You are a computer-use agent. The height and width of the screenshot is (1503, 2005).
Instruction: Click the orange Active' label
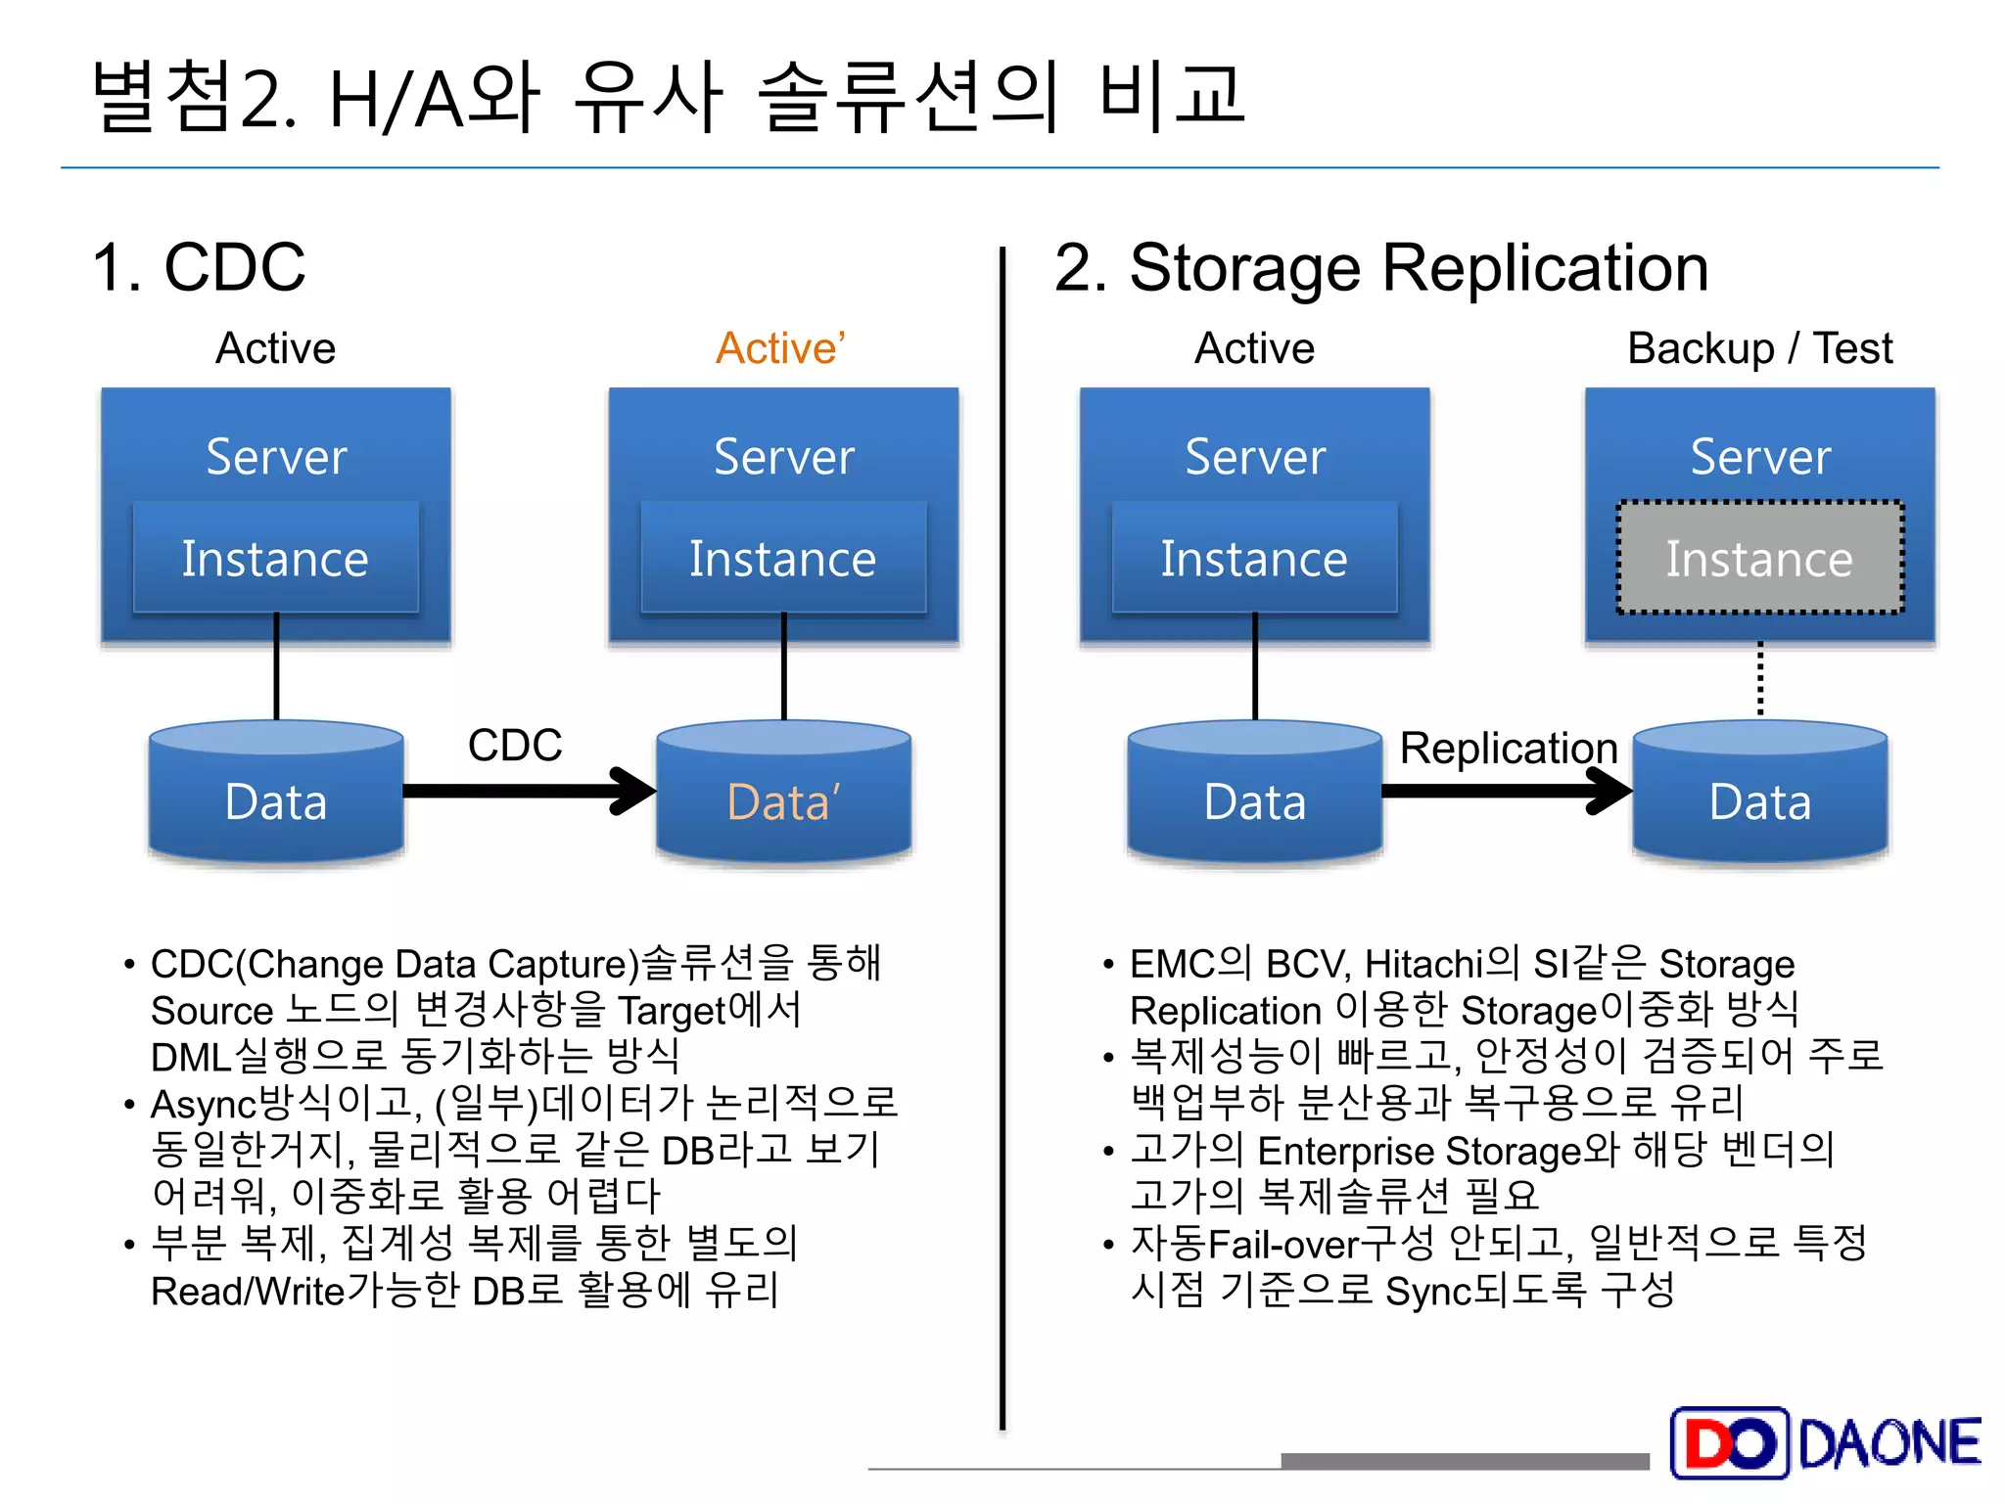tap(780, 348)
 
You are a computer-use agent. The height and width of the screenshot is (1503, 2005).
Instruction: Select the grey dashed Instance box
tap(1759, 559)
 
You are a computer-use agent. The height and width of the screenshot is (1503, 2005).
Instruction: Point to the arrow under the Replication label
tap(1507, 791)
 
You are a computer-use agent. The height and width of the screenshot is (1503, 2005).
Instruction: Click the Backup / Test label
tap(1759, 348)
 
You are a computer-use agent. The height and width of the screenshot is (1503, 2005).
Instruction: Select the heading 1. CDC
tap(199, 267)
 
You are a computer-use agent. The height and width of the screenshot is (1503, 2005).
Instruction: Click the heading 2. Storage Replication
tap(1380, 267)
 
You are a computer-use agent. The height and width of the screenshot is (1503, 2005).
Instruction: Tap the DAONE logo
tap(1827, 1443)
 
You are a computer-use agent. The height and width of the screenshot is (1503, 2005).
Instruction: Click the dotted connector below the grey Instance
tap(1760, 678)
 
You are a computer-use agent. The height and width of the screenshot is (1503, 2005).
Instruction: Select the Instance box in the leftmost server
tap(275, 559)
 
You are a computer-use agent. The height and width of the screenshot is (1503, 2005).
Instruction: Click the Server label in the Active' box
tap(783, 457)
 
